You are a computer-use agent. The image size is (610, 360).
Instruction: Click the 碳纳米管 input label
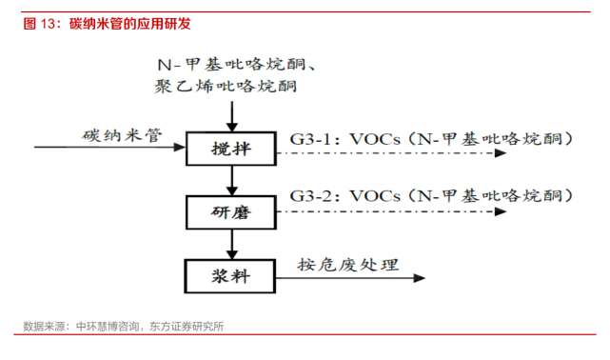120,135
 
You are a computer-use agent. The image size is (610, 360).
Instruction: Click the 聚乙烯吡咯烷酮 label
226,87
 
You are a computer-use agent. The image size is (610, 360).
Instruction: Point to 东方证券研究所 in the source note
187,327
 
